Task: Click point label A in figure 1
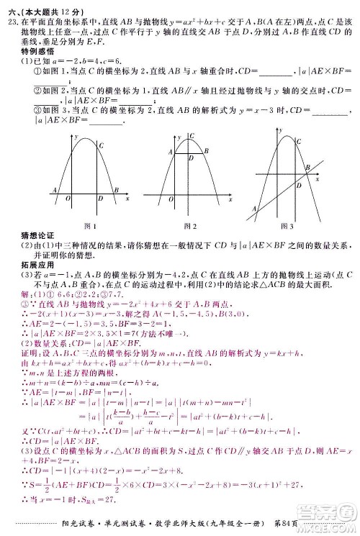[x=55, y=189]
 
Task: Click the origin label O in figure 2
[x=168, y=199]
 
